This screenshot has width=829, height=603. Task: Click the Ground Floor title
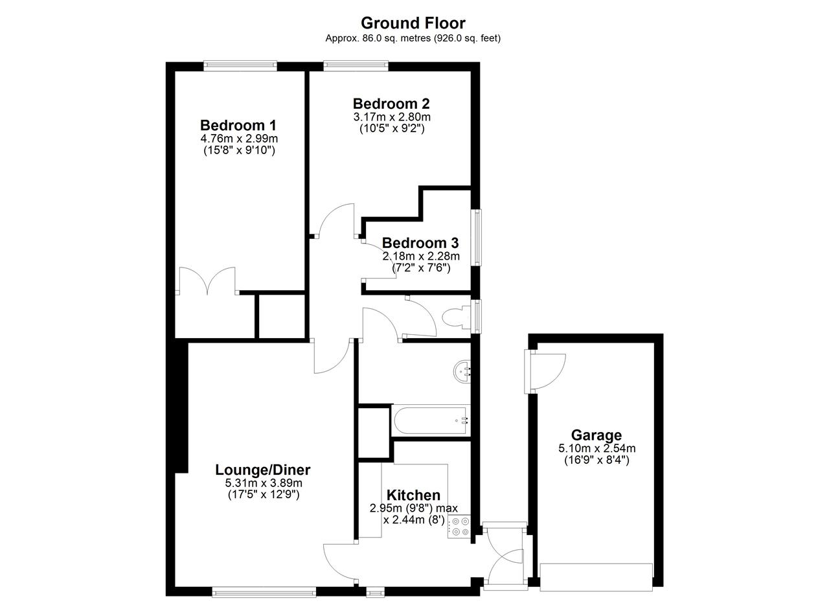click(x=413, y=23)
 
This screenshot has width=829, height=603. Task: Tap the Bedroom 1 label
click(x=238, y=125)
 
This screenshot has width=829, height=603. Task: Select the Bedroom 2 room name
click(x=391, y=104)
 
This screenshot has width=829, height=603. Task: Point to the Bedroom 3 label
click(x=420, y=243)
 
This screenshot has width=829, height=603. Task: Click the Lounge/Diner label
click(x=263, y=470)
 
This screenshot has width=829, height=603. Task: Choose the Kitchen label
click(x=413, y=495)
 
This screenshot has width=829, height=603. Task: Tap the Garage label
click(x=596, y=435)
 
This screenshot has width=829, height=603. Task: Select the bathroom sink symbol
click(x=462, y=371)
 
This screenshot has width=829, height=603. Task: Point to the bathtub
click(x=431, y=420)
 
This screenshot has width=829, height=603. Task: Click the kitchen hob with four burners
click(x=459, y=527)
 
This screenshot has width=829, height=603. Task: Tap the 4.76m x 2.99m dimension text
click(x=239, y=139)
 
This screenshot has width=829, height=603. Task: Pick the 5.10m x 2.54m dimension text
click(x=597, y=449)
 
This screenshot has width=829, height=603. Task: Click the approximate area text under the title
click(x=413, y=38)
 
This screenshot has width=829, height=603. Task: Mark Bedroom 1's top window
click(x=240, y=66)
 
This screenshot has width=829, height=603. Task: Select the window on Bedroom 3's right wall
click(x=476, y=237)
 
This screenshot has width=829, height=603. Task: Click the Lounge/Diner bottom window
click(x=264, y=592)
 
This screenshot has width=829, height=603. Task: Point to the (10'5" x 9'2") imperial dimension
click(x=392, y=128)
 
